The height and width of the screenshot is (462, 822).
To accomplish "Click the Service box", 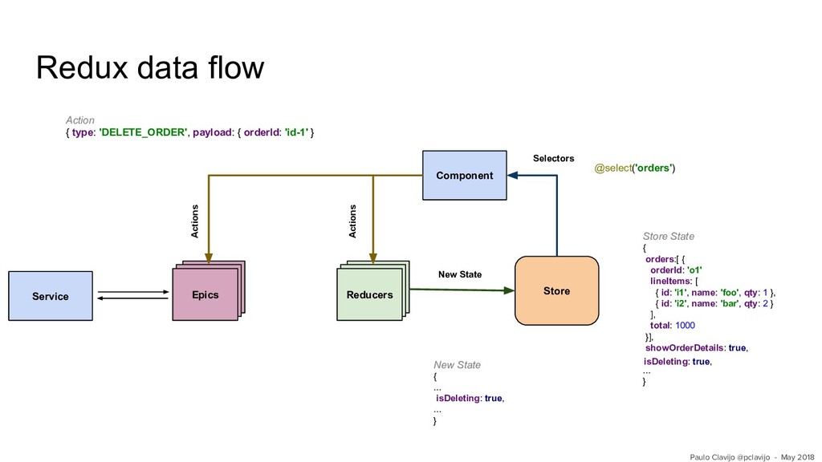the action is [51, 296].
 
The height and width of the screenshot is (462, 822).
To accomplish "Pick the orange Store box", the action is [557, 290].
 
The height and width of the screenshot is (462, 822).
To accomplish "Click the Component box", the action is [465, 176].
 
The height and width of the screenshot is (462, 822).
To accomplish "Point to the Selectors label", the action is [554, 158].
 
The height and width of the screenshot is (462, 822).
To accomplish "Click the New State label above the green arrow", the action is [460, 274].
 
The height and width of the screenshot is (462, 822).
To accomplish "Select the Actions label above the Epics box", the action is [194, 221].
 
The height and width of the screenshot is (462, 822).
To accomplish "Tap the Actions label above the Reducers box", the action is [352, 221].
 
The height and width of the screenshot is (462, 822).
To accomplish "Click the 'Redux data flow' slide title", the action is [150, 67].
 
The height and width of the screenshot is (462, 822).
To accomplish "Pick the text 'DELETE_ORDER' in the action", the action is [143, 132].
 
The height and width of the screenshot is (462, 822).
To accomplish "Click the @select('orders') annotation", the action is [635, 168].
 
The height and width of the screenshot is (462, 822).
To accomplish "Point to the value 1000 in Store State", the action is [686, 326].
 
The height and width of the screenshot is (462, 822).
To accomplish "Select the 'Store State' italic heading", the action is [669, 237].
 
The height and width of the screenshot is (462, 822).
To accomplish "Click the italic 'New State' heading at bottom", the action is [457, 365].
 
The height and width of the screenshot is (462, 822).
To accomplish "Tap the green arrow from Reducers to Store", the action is [462, 290].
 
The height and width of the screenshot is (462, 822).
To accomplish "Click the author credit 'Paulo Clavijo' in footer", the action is [712, 457].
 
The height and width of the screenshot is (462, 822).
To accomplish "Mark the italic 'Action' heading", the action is [80, 120].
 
